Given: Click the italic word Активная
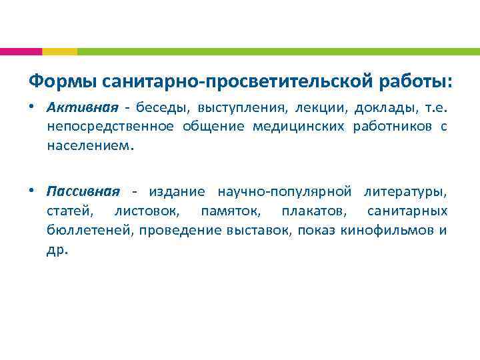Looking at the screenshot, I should (83, 107).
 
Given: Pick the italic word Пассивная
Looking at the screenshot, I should (83, 192).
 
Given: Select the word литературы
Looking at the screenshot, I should (406, 192).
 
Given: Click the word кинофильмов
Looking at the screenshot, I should (393, 230).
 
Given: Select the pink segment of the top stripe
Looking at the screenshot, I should (21, 51).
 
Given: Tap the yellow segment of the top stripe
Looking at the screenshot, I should (59, 51).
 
